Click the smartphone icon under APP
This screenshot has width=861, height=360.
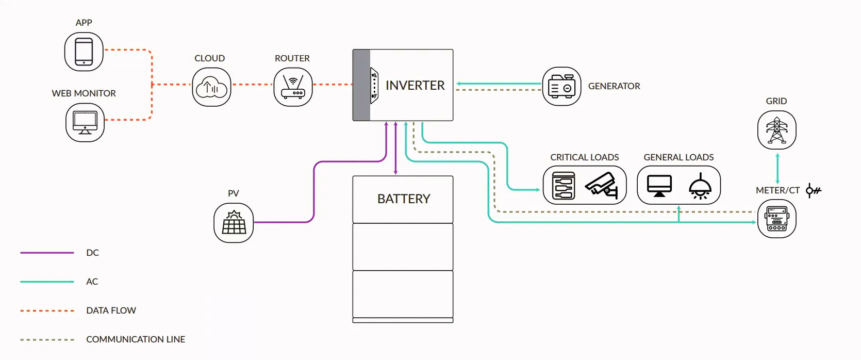coord(84,52)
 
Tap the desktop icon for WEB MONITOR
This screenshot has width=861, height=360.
coord(85,123)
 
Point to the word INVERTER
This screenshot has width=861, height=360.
coord(415,86)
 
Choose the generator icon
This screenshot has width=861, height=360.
coord(561,87)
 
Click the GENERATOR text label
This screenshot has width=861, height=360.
coord(614,87)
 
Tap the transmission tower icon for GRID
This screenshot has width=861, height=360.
coord(776,130)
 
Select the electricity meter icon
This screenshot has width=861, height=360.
coord(776,219)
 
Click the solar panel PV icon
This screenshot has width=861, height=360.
coord(234,223)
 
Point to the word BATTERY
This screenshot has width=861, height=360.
coord(404,199)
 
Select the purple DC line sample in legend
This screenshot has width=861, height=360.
coord(47,253)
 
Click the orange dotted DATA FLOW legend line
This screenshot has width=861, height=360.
coord(47,311)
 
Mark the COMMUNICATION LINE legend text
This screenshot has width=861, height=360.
coord(136,339)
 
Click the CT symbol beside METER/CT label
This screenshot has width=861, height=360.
coord(813,191)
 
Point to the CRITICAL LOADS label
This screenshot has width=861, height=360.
coord(585,157)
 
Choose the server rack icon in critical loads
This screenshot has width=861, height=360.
coord(564,186)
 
